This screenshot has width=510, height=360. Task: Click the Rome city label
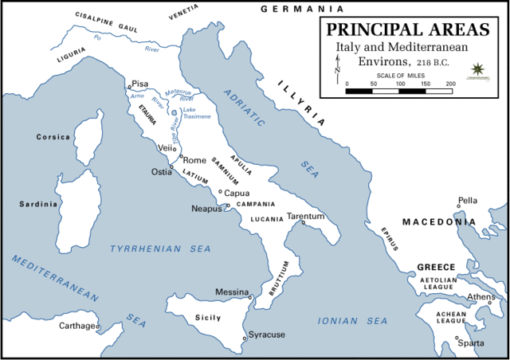tap(194, 160)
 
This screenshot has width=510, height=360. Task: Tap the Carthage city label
tap(79, 326)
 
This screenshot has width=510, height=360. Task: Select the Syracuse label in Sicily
tap(266, 335)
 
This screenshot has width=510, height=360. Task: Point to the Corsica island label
tap(54, 137)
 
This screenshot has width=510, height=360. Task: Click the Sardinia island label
tap(38, 204)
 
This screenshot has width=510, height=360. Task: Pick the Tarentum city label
tap(306, 217)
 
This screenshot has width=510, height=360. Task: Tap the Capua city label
tap(237, 193)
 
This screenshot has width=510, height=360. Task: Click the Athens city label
tap(481, 297)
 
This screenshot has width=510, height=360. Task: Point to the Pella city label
tap(467, 201)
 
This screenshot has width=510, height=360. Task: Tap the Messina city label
tap(233, 292)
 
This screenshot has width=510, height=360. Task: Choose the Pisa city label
tap(140, 84)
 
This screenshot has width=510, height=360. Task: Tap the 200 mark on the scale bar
tap(451, 83)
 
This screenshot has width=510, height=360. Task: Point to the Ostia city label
tap(162, 172)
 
